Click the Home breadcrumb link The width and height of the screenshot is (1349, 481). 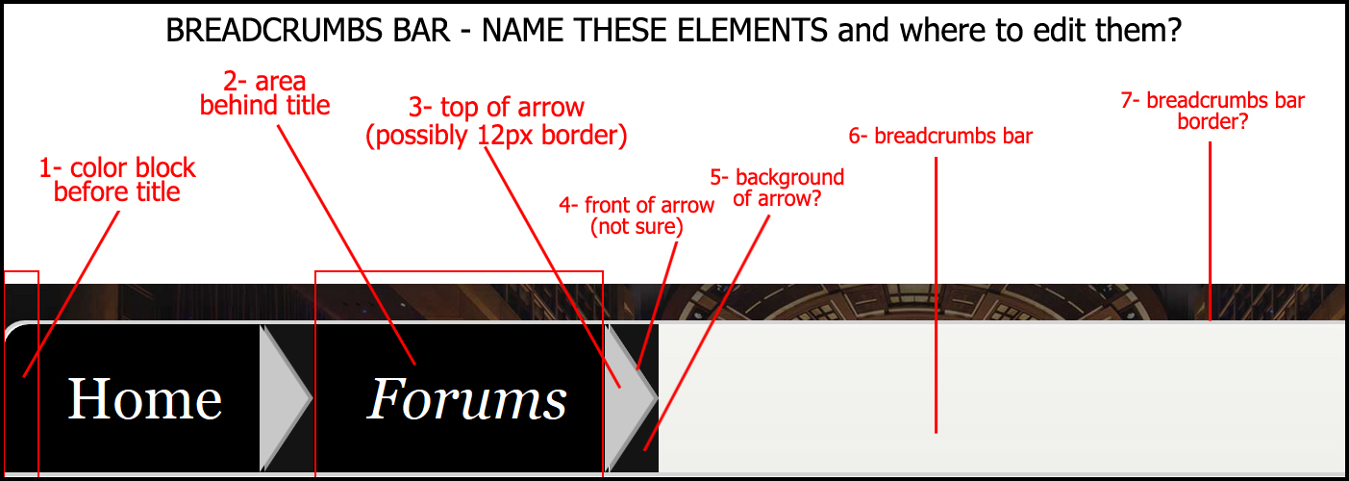144,399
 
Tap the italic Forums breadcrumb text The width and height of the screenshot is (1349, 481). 467,399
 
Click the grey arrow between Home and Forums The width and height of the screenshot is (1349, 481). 285,396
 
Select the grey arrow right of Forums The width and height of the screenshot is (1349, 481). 632,396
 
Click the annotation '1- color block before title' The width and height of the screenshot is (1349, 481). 117,180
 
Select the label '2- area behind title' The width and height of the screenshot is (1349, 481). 264,93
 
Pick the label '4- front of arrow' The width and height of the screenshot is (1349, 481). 637,205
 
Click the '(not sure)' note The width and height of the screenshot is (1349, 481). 637,227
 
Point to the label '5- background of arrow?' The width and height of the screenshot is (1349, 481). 777,188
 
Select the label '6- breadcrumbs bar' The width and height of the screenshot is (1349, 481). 940,137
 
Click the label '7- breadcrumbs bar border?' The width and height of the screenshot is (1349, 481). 1212,111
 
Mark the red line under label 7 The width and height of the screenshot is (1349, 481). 1210,231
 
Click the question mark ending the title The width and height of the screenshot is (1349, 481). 1174,31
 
